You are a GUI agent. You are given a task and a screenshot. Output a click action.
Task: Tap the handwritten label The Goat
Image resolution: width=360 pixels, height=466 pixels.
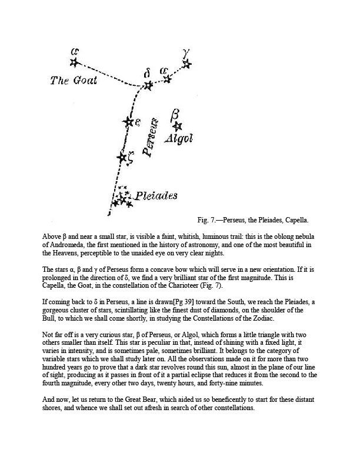[74, 81]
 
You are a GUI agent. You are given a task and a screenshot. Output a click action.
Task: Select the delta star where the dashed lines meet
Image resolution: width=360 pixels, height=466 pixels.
[148, 86]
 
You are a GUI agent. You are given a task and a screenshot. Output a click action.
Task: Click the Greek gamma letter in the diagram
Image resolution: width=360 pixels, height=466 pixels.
[187, 52]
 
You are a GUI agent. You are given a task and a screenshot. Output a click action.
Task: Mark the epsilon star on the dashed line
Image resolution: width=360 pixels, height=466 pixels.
[128, 122]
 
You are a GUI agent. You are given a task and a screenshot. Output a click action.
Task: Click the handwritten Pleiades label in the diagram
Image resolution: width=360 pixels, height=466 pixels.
[156, 196]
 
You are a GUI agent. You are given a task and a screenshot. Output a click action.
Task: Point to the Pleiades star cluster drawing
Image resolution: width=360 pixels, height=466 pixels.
[123, 198]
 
